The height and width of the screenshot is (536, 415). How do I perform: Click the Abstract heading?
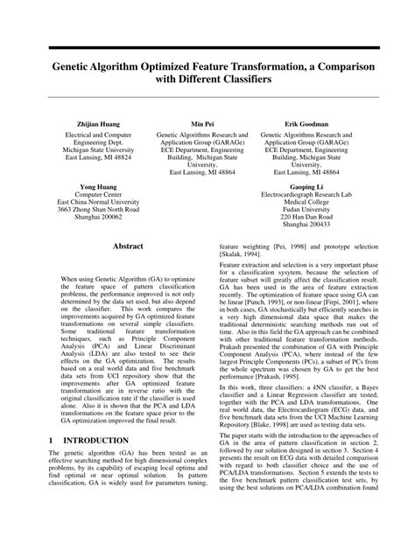click(127, 247)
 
